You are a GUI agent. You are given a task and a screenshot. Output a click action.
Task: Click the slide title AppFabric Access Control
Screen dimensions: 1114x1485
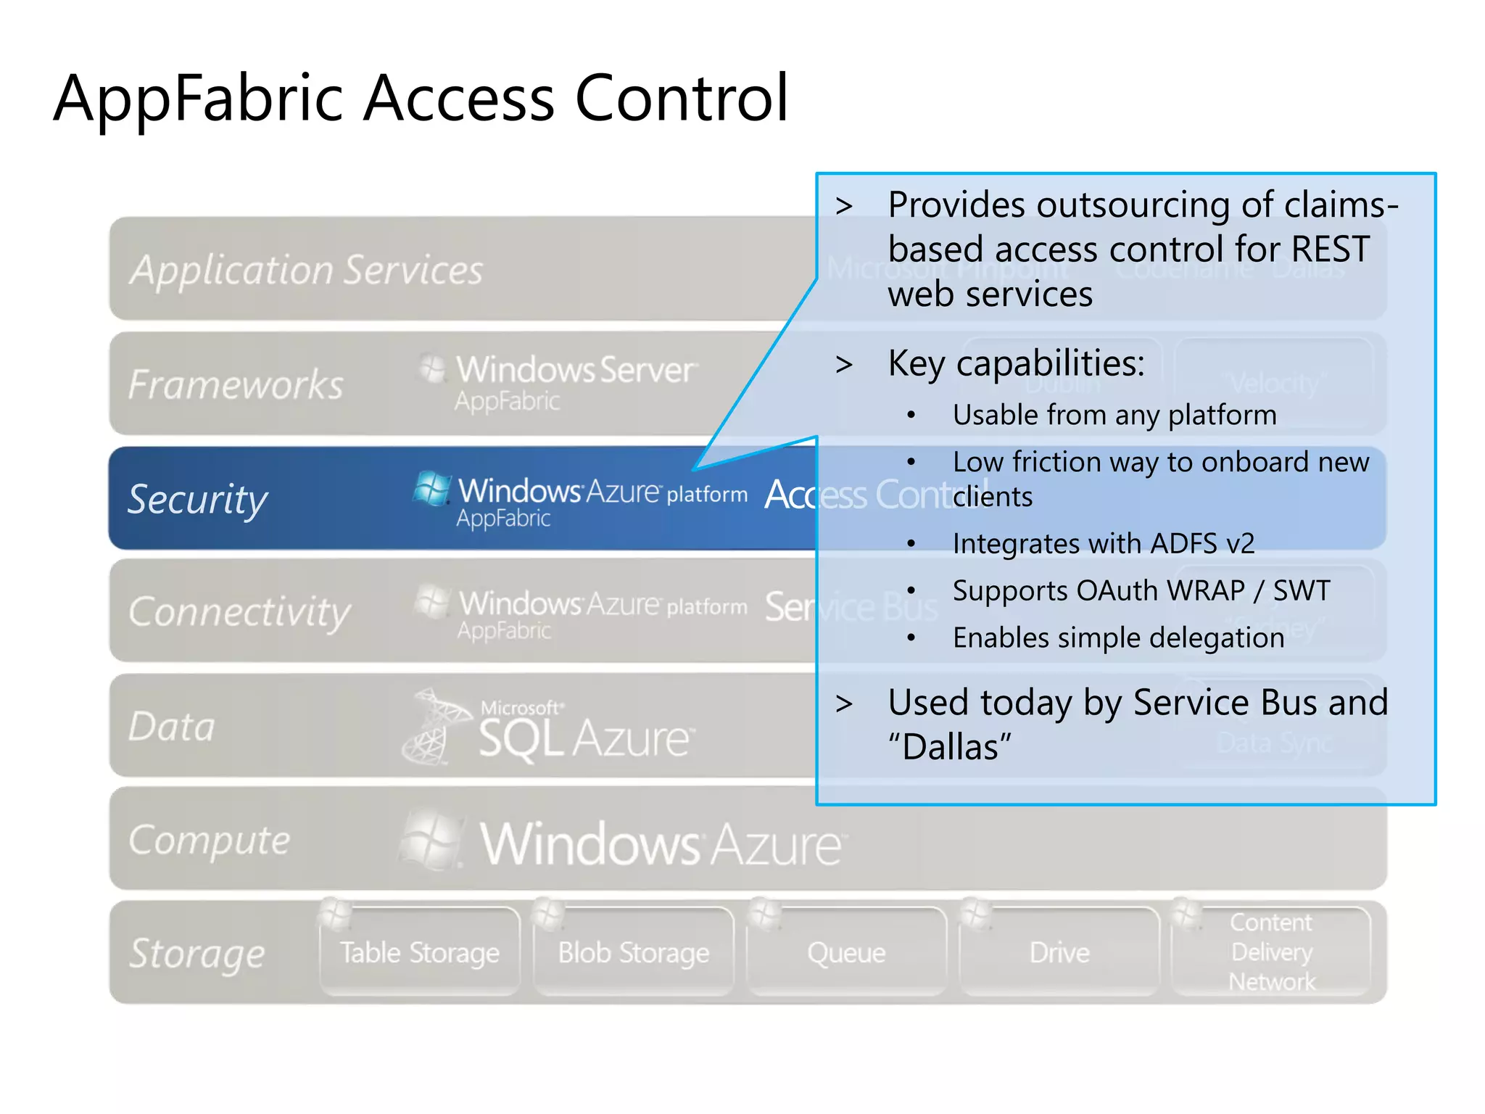[x=421, y=98]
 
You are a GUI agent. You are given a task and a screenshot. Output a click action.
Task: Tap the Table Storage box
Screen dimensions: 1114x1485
[x=420, y=952]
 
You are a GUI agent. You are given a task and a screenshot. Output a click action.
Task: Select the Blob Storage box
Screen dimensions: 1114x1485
[x=633, y=952]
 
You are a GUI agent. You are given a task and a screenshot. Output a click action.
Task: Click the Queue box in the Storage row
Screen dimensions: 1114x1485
[x=846, y=952]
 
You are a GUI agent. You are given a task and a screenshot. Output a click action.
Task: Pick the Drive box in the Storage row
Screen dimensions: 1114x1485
[x=1059, y=952]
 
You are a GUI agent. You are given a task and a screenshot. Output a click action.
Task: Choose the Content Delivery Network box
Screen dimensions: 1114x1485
[x=1272, y=952]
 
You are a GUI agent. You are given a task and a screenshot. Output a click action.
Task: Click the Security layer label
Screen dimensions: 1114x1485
[x=197, y=499]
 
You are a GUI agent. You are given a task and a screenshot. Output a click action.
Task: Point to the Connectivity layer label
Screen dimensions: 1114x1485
[x=239, y=611]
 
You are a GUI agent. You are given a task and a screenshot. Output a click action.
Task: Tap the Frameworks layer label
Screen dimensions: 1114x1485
[x=236, y=384]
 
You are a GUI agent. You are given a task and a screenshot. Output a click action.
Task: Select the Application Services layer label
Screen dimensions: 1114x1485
[x=306, y=270]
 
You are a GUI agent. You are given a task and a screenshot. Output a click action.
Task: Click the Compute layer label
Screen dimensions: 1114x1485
[x=209, y=840]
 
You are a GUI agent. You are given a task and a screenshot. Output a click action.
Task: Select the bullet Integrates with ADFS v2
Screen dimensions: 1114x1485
[x=1103, y=544]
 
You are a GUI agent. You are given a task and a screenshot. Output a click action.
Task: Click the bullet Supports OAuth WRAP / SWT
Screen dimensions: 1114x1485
[x=1141, y=590]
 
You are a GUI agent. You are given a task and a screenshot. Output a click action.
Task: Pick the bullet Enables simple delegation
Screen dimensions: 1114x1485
[x=1118, y=638]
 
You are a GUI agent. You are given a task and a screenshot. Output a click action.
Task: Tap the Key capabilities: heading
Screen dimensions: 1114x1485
[x=1016, y=363]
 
